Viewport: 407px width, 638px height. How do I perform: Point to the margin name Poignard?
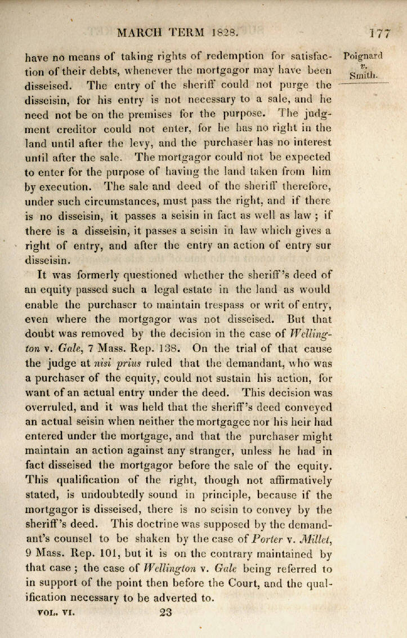[x=364, y=56]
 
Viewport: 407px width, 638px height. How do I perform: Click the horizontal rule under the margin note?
[x=364, y=83]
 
